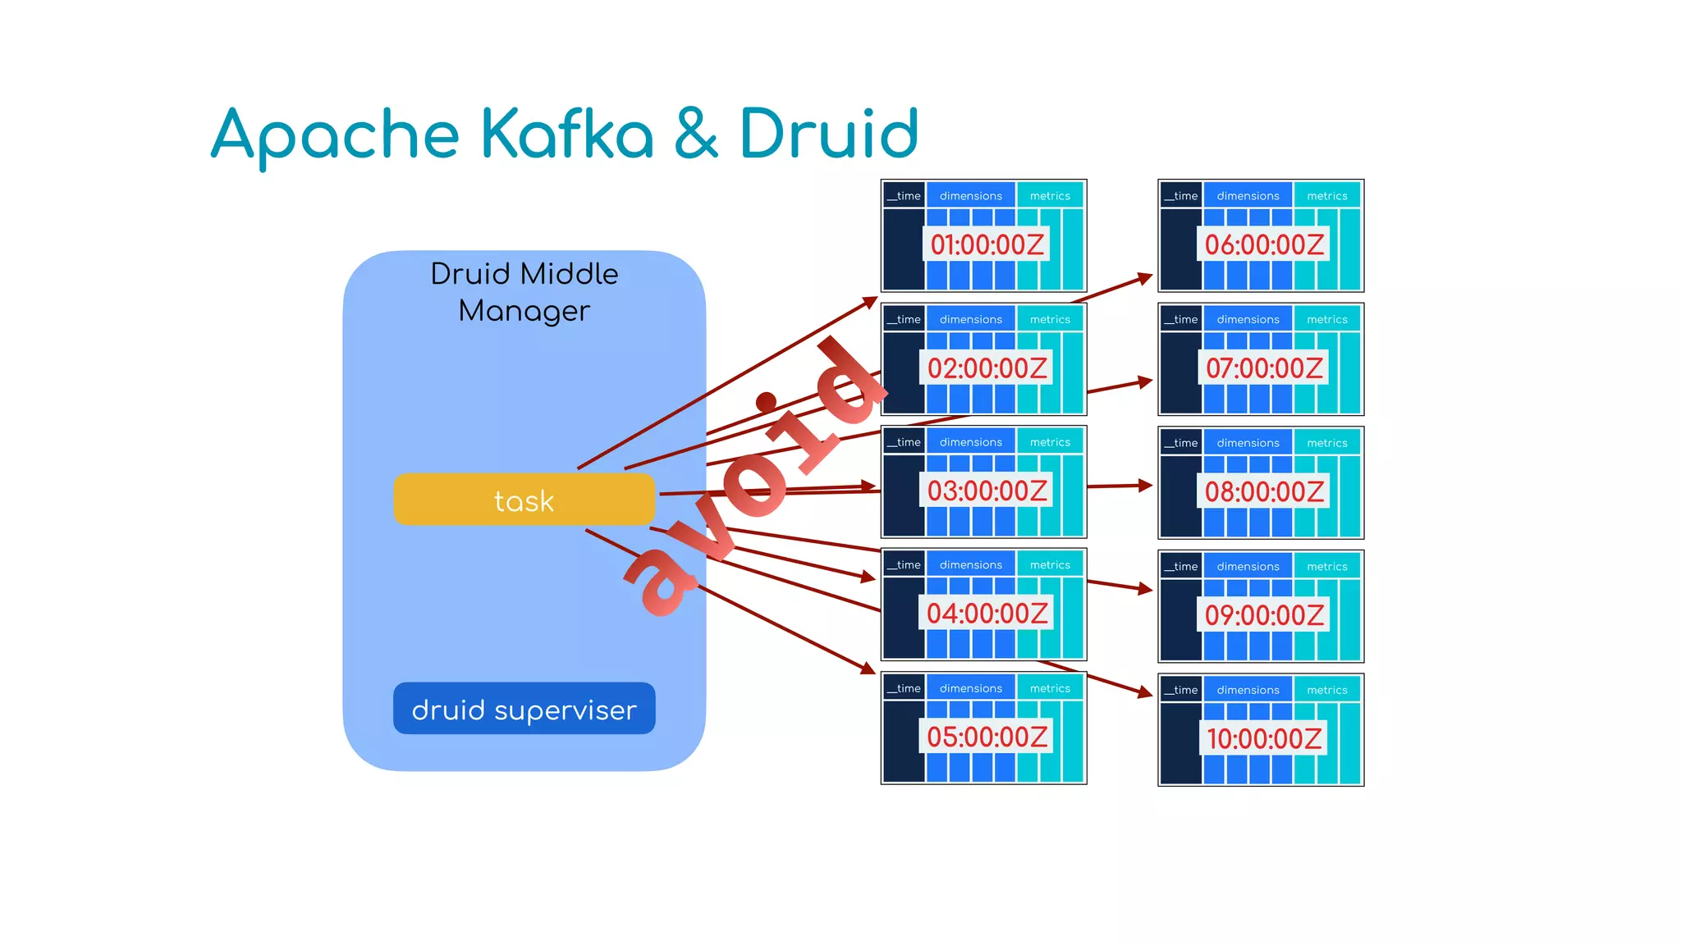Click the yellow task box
[x=524, y=500]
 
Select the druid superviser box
[x=524, y=709]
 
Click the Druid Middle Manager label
[x=524, y=292]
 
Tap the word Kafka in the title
[x=566, y=134]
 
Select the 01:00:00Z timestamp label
[x=987, y=244]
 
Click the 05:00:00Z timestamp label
[x=987, y=737]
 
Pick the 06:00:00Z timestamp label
[x=1264, y=244]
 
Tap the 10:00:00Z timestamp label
[x=1264, y=738]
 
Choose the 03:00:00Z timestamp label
[x=987, y=491]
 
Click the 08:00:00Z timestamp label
[x=1264, y=491]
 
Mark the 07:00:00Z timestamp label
[x=1264, y=368]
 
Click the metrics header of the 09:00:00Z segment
[x=1326, y=566]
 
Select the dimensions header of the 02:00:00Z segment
[x=970, y=319]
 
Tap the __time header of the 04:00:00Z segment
[x=905, y=564]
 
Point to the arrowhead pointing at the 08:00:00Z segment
[x=1146, y=485]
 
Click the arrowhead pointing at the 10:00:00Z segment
[x=1146, y=693]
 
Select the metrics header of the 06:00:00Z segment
[x=1326, y=195]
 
